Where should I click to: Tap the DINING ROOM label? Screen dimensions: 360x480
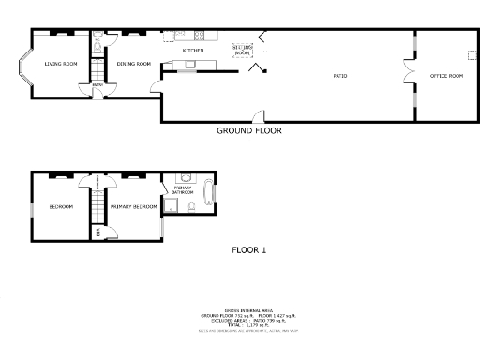[133, 64]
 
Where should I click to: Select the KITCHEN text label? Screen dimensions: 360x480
[193, 51]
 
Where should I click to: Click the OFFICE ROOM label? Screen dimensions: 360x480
[446, 74]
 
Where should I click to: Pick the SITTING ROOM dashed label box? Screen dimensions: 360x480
[242, 52]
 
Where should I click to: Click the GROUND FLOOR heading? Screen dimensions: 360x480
[248, 130]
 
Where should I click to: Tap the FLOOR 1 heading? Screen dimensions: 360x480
[249, 250]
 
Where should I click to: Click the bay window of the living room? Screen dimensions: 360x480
[25, 68]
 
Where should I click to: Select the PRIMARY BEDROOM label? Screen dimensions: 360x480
[133, 206]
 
